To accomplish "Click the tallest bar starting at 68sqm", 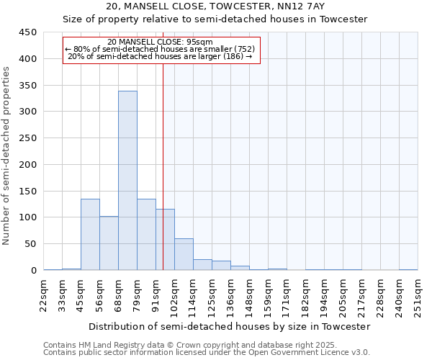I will pyautogui.click(x=127, y=180).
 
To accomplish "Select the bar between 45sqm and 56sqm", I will pyautogui.click(x=90, y=234).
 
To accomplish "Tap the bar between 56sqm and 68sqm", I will pyautogui.click(x=109, y=243).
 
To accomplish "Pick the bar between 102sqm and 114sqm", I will pyautogui.click(x=184, y=254).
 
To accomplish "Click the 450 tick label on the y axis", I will pyautogui.click(x=28, y=32).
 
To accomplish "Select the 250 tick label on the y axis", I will pyautogui.click(x=28, y=138).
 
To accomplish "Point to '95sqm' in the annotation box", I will pyautogui.click(x=198, y=42).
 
